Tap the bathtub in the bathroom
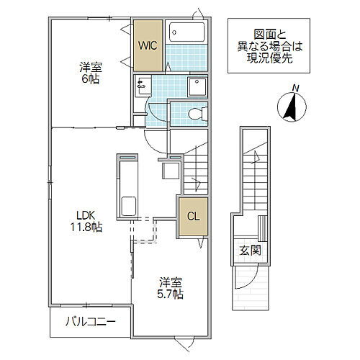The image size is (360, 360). [186, 34]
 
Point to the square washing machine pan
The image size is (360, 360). [197, 86]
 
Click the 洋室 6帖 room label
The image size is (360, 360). [89, 73]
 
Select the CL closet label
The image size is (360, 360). [193, 215]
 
